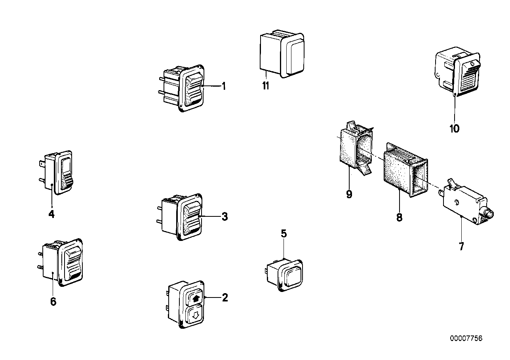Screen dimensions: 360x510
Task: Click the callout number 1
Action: tap(224, 86)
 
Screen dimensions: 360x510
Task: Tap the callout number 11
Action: tap(265, 86)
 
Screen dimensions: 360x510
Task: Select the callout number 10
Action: tap(455, 129)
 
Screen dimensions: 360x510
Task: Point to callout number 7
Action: tap(461, 246)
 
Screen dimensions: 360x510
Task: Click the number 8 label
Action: tap(399, 217)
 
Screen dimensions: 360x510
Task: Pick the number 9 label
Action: tap(349, 195)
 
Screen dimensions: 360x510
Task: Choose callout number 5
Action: tap(284, 233)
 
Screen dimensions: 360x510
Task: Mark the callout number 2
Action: tap(225, 297)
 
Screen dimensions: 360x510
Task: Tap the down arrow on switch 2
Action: tap(194, 316)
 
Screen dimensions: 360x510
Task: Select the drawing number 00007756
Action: tap(466, 339)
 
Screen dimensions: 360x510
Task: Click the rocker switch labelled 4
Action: tap(63, 173)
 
